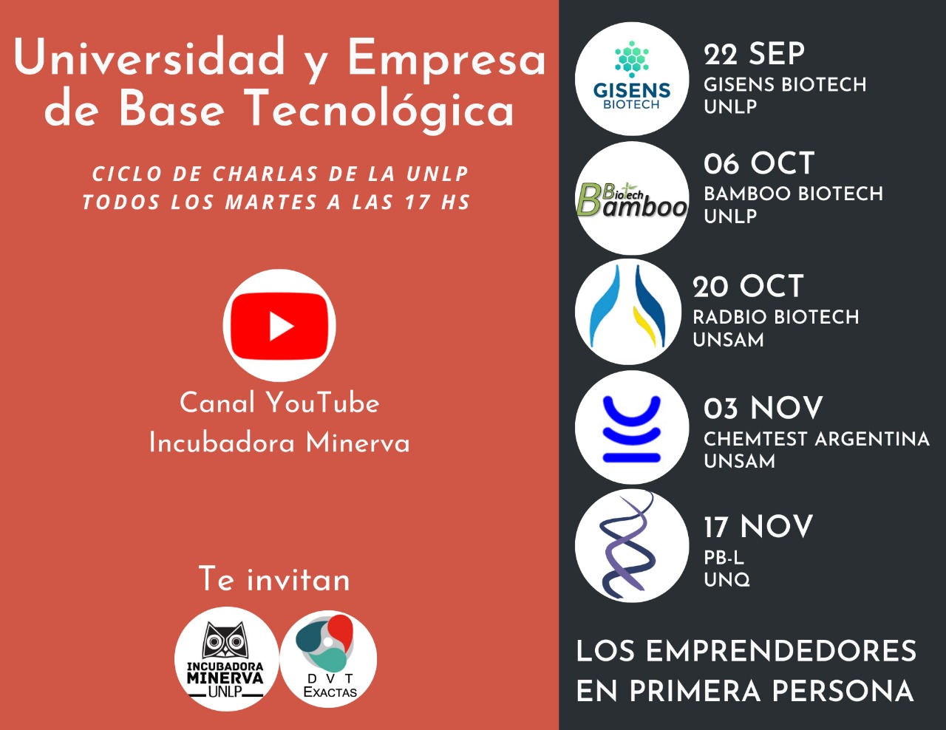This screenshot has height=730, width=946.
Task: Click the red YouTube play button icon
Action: pyautogui.click(x=279, y=326)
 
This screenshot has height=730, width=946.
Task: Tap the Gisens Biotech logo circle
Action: pyautogui.click(x=632, y=79)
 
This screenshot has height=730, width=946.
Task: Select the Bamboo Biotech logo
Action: pyautogui.click(x=632, y=198)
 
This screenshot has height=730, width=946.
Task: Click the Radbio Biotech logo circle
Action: pyautogui.click(x=628, y=312)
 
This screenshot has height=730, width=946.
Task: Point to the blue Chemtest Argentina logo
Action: pyautogui.click(x=632, y=427)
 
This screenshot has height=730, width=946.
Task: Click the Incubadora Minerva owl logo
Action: pyautogui.click(x=226, y=658)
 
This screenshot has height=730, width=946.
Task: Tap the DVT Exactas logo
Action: pyautogui.click(x=328, y=658)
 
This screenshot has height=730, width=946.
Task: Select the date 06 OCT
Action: pyautogui.click(x=759, y=163)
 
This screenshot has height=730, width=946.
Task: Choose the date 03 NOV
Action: pyautogui.click(x=763, y=408)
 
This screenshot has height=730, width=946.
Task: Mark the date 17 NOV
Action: pyautogui.click(x=758, y=526)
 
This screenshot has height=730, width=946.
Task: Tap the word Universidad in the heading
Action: pyautogui.click(x=149, y=57)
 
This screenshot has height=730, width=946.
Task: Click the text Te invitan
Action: pyautogui.click(x=274, y=579)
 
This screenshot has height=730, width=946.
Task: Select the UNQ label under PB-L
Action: pyautogui.click(x=726, y=579)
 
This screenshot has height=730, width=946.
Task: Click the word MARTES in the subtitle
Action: pyautogui.click(x=270, y=202)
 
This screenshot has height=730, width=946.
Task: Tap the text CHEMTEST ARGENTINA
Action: pyautogui.click(x=816, y=439)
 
